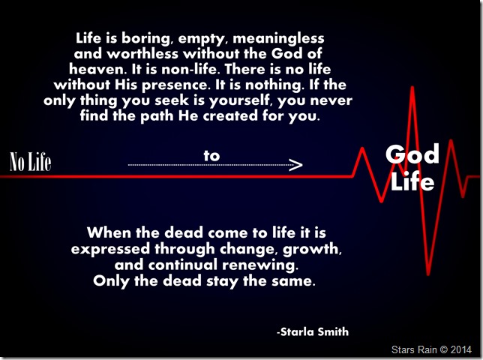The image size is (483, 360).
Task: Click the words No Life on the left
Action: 30,162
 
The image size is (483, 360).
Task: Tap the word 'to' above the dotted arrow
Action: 211,154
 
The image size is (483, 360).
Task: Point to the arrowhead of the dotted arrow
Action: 295,164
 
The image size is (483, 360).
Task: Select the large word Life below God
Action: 412,181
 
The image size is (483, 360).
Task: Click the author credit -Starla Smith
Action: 311,331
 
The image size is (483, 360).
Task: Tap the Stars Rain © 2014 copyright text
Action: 432,349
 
